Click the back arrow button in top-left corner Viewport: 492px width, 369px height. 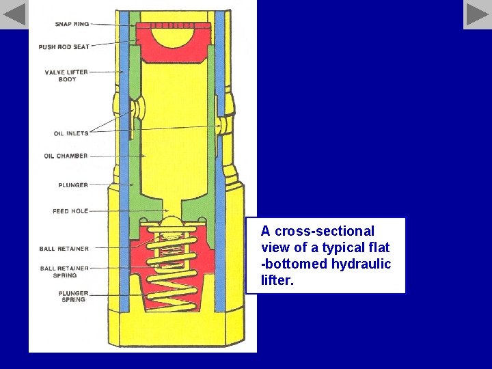pyautogui.click(x=14, y=14)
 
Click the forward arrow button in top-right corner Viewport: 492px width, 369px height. pyautogui.click(x=477, y=14)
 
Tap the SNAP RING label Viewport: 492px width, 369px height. pyautogui.click(x=72, y=24)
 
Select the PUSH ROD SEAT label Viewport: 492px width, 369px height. pyautogui.click(x=64, y=47)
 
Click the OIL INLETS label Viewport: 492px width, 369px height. pyautogui.click(x=71, y=133)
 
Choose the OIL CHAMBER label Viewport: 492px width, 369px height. pyautogui.click(x=66, y=156)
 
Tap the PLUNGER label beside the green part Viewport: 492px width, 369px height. pyautogui.click(x=73, y=184)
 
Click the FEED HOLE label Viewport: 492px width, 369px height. pyautogui.click(x=70, y=211)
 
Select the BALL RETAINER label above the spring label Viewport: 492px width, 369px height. pyautogui.click(x=64, y=249)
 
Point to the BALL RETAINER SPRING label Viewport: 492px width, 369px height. pyautogui.click(x=64, y=272)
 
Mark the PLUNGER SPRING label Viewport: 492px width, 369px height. pyautogui.click(x=73, y=297)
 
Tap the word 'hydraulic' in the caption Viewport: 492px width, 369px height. pyautogui.click(x=361, y=264)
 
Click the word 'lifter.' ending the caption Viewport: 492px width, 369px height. pyautogui.click(x=277, y=280)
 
